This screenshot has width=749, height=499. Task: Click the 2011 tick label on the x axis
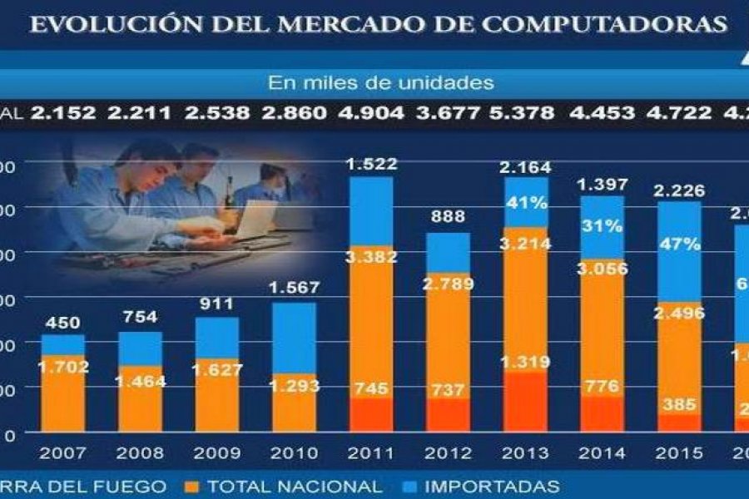click(x=370, y=453)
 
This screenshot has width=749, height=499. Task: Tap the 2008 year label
click(x=140, y=453)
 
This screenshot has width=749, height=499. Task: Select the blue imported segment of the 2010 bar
click(x=293, y=337)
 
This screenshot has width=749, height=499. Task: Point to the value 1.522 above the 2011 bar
click(x=370, y=164)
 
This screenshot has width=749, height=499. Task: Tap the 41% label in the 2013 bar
click(x=525, y=202)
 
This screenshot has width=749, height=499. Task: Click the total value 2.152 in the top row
click(x=64, y=113)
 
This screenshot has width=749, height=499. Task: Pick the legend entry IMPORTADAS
click(x=491, y=487)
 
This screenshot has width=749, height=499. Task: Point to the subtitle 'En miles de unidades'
click(x=381, y=83)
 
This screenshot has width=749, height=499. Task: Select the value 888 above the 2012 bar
click(x=448, y=218)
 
